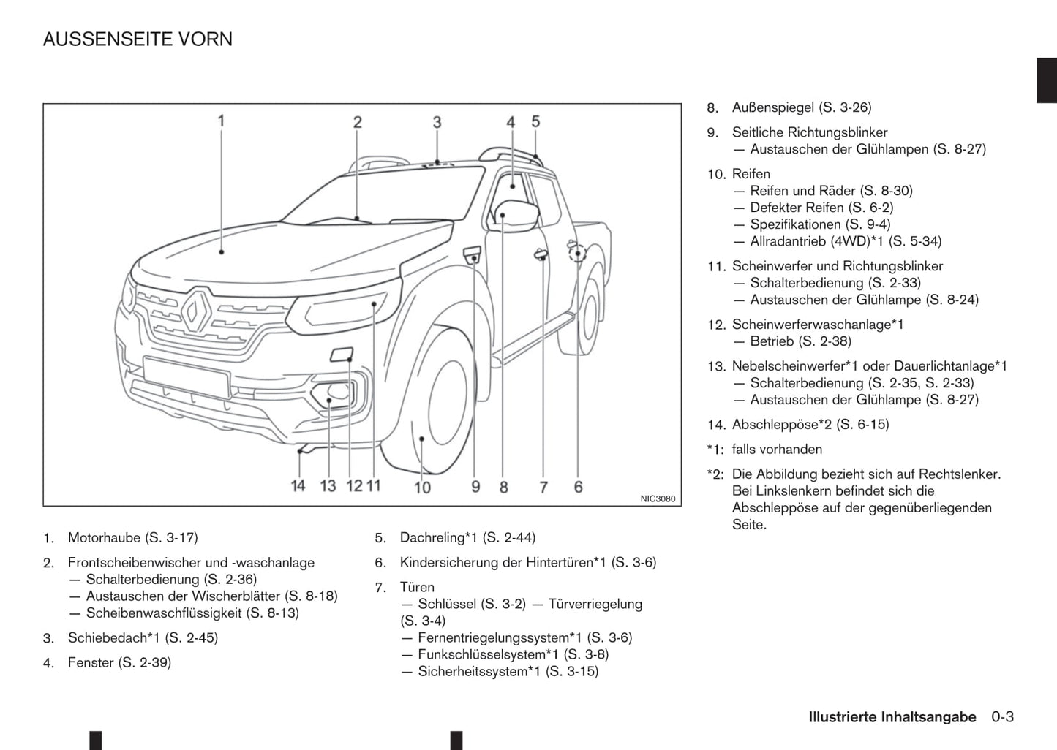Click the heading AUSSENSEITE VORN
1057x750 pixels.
(138, 39)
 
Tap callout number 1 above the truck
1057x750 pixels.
(221, 121)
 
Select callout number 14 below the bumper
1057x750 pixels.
(298, 485)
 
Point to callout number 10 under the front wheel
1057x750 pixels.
(423, 487)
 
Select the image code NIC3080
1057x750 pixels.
(658, 499)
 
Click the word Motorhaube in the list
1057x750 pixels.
(104, 538)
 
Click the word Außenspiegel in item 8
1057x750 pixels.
(772, 107)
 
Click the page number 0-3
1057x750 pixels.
(1002, 717)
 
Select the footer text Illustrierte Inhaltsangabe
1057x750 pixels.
(892, 717)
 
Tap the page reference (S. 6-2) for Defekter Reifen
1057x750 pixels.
(870, 208)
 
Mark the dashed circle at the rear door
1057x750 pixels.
(578, 253)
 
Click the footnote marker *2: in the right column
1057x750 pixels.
(715, 474)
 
